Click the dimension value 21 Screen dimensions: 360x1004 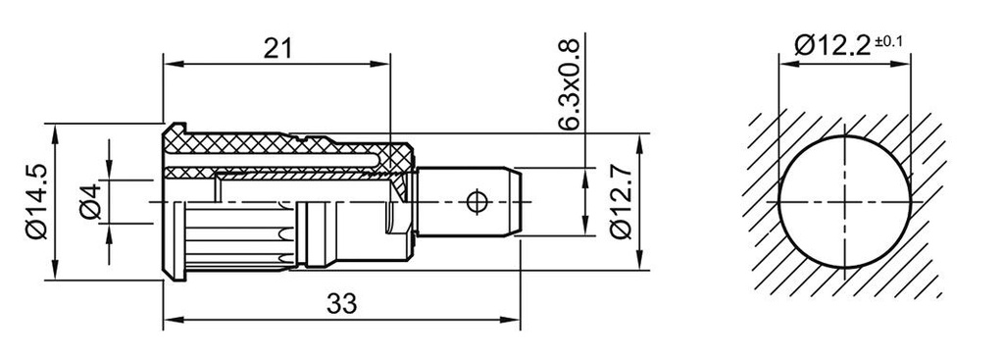coord(279,49)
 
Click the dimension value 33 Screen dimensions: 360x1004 coord(340,304)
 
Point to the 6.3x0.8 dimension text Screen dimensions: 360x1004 coord(568,86)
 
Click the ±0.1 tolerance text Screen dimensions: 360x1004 coord(890,40)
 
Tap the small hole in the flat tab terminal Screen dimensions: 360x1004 coord(477,202)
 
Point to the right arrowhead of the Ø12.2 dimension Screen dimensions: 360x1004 coord(905,67)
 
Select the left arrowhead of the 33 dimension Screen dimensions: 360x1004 coord(169,320)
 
